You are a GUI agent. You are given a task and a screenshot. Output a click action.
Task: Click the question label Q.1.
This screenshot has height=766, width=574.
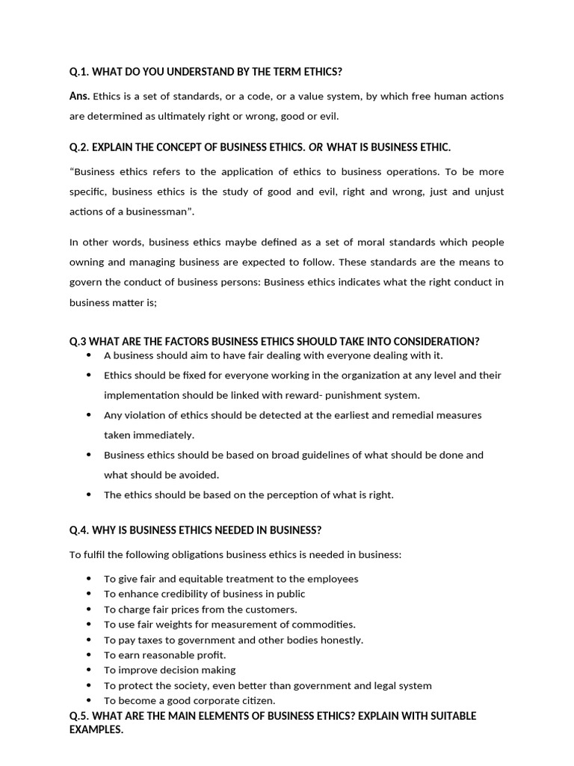pyautogui.click(x=78, y=71)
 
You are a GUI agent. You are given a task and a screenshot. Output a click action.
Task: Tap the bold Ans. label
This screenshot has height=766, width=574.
pyautogui.click(x=79, y=96)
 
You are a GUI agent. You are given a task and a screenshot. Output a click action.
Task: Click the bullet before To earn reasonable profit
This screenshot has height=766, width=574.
pyautogui.click(x=88, y=655)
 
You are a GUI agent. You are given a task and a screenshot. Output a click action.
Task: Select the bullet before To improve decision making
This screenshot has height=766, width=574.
pyautogui.click(x=88, y=670)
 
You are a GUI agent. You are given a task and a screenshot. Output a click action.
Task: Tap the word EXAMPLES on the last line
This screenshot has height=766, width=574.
pyautogui.click(x=96, y=729)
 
